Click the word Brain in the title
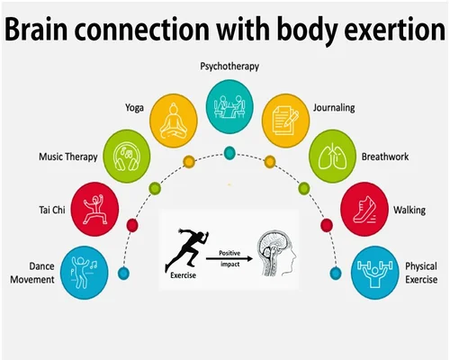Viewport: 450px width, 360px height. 36,29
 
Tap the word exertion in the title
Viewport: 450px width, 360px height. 394,29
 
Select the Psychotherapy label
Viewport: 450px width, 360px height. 229,67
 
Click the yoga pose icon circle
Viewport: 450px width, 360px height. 174,121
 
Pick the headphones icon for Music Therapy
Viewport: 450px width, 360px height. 127,156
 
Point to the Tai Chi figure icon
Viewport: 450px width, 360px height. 95,210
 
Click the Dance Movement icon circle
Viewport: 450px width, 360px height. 85,273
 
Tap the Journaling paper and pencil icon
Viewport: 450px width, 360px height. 285,121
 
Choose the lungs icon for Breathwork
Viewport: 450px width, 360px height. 332,156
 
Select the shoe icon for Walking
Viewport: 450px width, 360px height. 364,210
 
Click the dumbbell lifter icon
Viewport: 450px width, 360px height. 374,273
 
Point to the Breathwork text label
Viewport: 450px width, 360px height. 385,157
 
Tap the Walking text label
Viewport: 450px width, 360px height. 409,210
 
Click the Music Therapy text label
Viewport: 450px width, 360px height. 68,157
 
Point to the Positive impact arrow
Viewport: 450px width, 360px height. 229,258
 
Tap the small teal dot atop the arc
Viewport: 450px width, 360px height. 229,153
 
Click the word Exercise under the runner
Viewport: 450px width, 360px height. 183,275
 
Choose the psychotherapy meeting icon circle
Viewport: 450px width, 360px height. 229,106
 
